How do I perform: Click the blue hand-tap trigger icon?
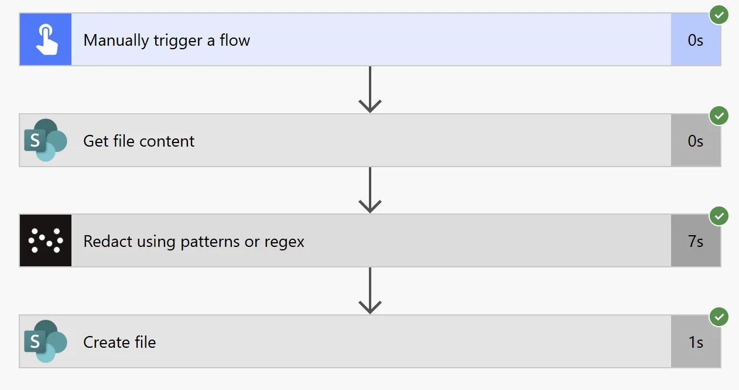[46, 40]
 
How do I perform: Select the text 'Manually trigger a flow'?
[166, 40]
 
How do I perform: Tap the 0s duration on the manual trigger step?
[696, 40]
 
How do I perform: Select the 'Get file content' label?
[139, 141]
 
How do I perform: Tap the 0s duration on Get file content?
[696, 141]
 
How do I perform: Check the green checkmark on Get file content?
[719, 116]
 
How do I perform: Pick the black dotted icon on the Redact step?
[46, 241]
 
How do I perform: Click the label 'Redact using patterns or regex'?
[194, 242]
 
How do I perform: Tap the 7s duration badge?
[696, 242]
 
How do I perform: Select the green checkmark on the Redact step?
[719, 216]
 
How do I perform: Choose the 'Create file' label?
[119, 342]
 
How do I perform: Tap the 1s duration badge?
[696, 342]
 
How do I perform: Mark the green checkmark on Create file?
[719, 317]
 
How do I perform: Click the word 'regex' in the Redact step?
[285, 242]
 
